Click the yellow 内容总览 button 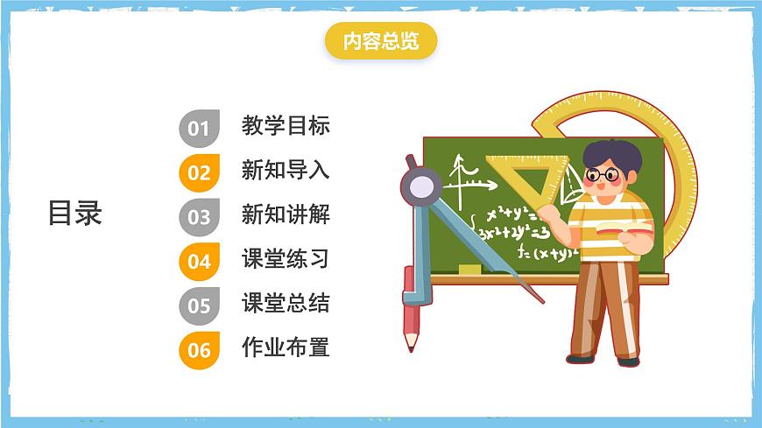pos(380,42)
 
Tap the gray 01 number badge pos(199,129)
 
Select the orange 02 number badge pos(199,172)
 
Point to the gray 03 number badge pos(199,217)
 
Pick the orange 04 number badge pos(199,261)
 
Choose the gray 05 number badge pos(199,305)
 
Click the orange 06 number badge pos(199,350)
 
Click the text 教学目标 pos(286,125)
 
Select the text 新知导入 pos(286,170)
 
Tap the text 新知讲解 pos(286,214)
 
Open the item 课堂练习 pos(286,259)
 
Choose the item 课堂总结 pos(286,304)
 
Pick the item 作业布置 pos(286,347)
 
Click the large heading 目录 pos(75,213)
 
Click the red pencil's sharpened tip pos(411,344)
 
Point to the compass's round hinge pos(421,185)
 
